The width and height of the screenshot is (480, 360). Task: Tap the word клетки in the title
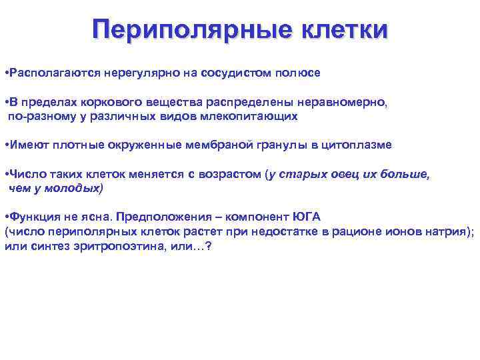pyautogui.click(x=337, y=29)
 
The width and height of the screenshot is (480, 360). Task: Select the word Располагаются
pyautogui.click(x=47, y=73)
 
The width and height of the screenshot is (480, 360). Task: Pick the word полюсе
pyautogui.click(x=296, y=73)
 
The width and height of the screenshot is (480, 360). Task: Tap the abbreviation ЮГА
pyautogui.click(x=307, y=218)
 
